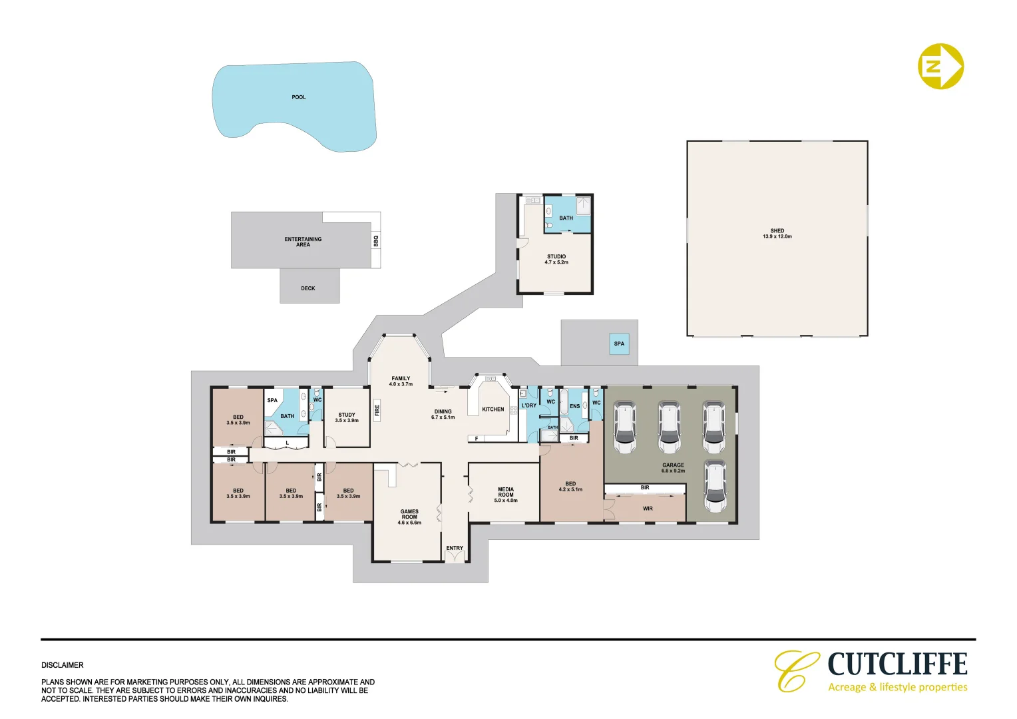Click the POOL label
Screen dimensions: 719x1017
(299, 97)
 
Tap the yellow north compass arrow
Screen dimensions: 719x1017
(940, 66)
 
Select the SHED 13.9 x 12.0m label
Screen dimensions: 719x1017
(777, 234)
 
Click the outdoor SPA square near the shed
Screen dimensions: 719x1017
(619, 344)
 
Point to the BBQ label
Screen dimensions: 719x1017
(376, 240)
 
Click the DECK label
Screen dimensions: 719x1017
(308, 288)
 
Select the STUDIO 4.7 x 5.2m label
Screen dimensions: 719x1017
(556, 259)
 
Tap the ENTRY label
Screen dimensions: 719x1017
(455, 548)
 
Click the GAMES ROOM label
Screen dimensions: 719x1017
(409, 517)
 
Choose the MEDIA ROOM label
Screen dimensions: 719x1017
(506, 494)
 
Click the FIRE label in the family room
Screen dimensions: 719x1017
(377, 410)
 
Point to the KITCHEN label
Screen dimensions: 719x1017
(493, 409)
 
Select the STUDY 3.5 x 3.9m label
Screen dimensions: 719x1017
(347, 417)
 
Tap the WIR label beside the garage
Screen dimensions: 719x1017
(648, 509)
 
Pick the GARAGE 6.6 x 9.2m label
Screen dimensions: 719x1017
(673, 467)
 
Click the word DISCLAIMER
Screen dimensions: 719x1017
(63, 665)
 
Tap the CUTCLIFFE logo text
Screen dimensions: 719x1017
(897, 664)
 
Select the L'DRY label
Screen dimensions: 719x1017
(529, 405)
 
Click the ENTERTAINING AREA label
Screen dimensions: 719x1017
(303, 242)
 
